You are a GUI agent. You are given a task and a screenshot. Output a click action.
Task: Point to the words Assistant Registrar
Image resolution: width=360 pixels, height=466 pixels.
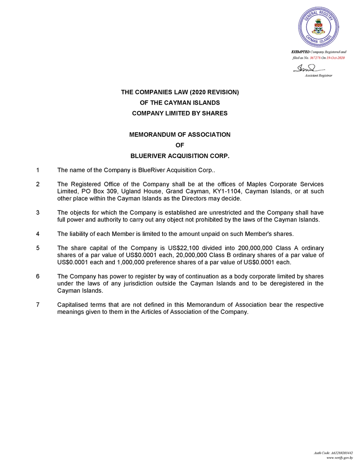pos(318,75)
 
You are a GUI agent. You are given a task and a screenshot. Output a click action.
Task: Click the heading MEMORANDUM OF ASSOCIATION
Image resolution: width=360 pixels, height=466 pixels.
pos(180,135)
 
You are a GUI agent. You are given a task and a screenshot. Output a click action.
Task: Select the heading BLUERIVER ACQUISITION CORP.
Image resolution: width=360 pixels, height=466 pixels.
pos(180,156)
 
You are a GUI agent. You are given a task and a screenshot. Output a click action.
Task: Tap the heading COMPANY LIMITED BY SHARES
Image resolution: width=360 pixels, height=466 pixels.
pos(180,113)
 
